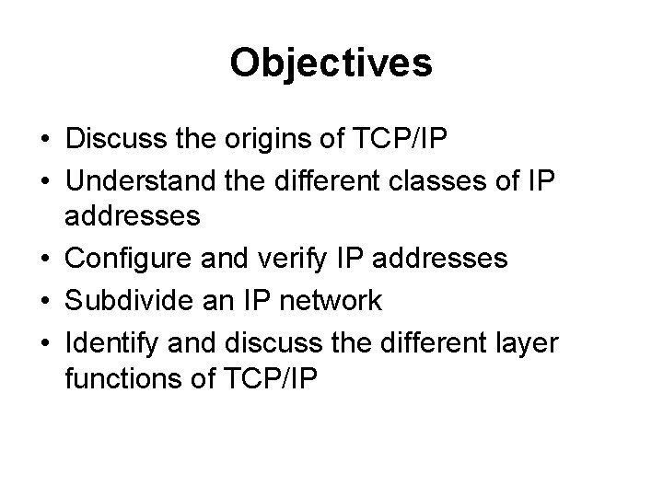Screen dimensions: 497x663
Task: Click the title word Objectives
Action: tap(331, 63)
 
